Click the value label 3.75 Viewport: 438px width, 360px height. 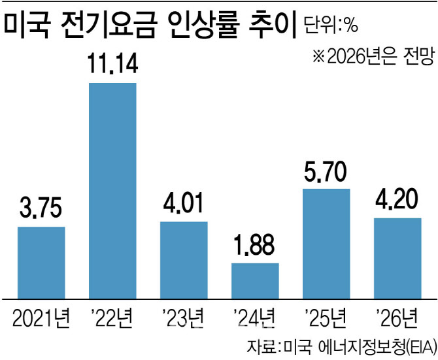coord(41,210)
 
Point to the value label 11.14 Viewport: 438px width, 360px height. coord(112,65)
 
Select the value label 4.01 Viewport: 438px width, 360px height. coord(184,205)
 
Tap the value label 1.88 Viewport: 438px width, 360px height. coord(255,246)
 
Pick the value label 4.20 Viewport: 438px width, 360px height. coord(397,201)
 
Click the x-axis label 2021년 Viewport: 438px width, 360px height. coord(41,320)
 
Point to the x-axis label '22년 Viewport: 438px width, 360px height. coord(112,320)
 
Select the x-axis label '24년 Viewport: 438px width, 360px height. coord(255,320)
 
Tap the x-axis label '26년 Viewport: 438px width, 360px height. coord(397,320)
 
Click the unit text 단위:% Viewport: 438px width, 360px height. coord(331,25)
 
